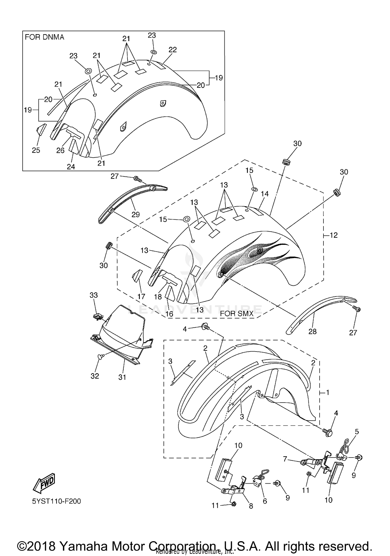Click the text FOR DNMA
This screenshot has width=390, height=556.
click(x=44, y=37)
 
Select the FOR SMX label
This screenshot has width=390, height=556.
click(x=237, y=314)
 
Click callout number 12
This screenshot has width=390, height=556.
click(x=334, y=235)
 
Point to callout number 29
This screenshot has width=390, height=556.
click(x=136, y=214)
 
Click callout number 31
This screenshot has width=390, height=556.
click(x=122, y=377)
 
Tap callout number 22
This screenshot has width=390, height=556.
click(x=173, y=49)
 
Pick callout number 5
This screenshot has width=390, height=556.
click(x=357, y=432)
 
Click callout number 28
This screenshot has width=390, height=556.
click(x=313, y=331)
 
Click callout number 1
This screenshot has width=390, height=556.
click(x=328, y=392)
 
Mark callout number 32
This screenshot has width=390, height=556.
click(x=95, y=376)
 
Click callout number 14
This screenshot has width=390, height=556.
click(x=265, y=194)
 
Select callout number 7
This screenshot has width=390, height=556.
click(x=285, y=459)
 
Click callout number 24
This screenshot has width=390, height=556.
click(x=71, y=167)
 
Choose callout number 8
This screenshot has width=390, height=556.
click(x=251, y=506)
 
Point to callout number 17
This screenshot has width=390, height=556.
click(x=141, y=296)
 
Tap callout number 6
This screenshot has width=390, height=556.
click(x=265, y=501)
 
